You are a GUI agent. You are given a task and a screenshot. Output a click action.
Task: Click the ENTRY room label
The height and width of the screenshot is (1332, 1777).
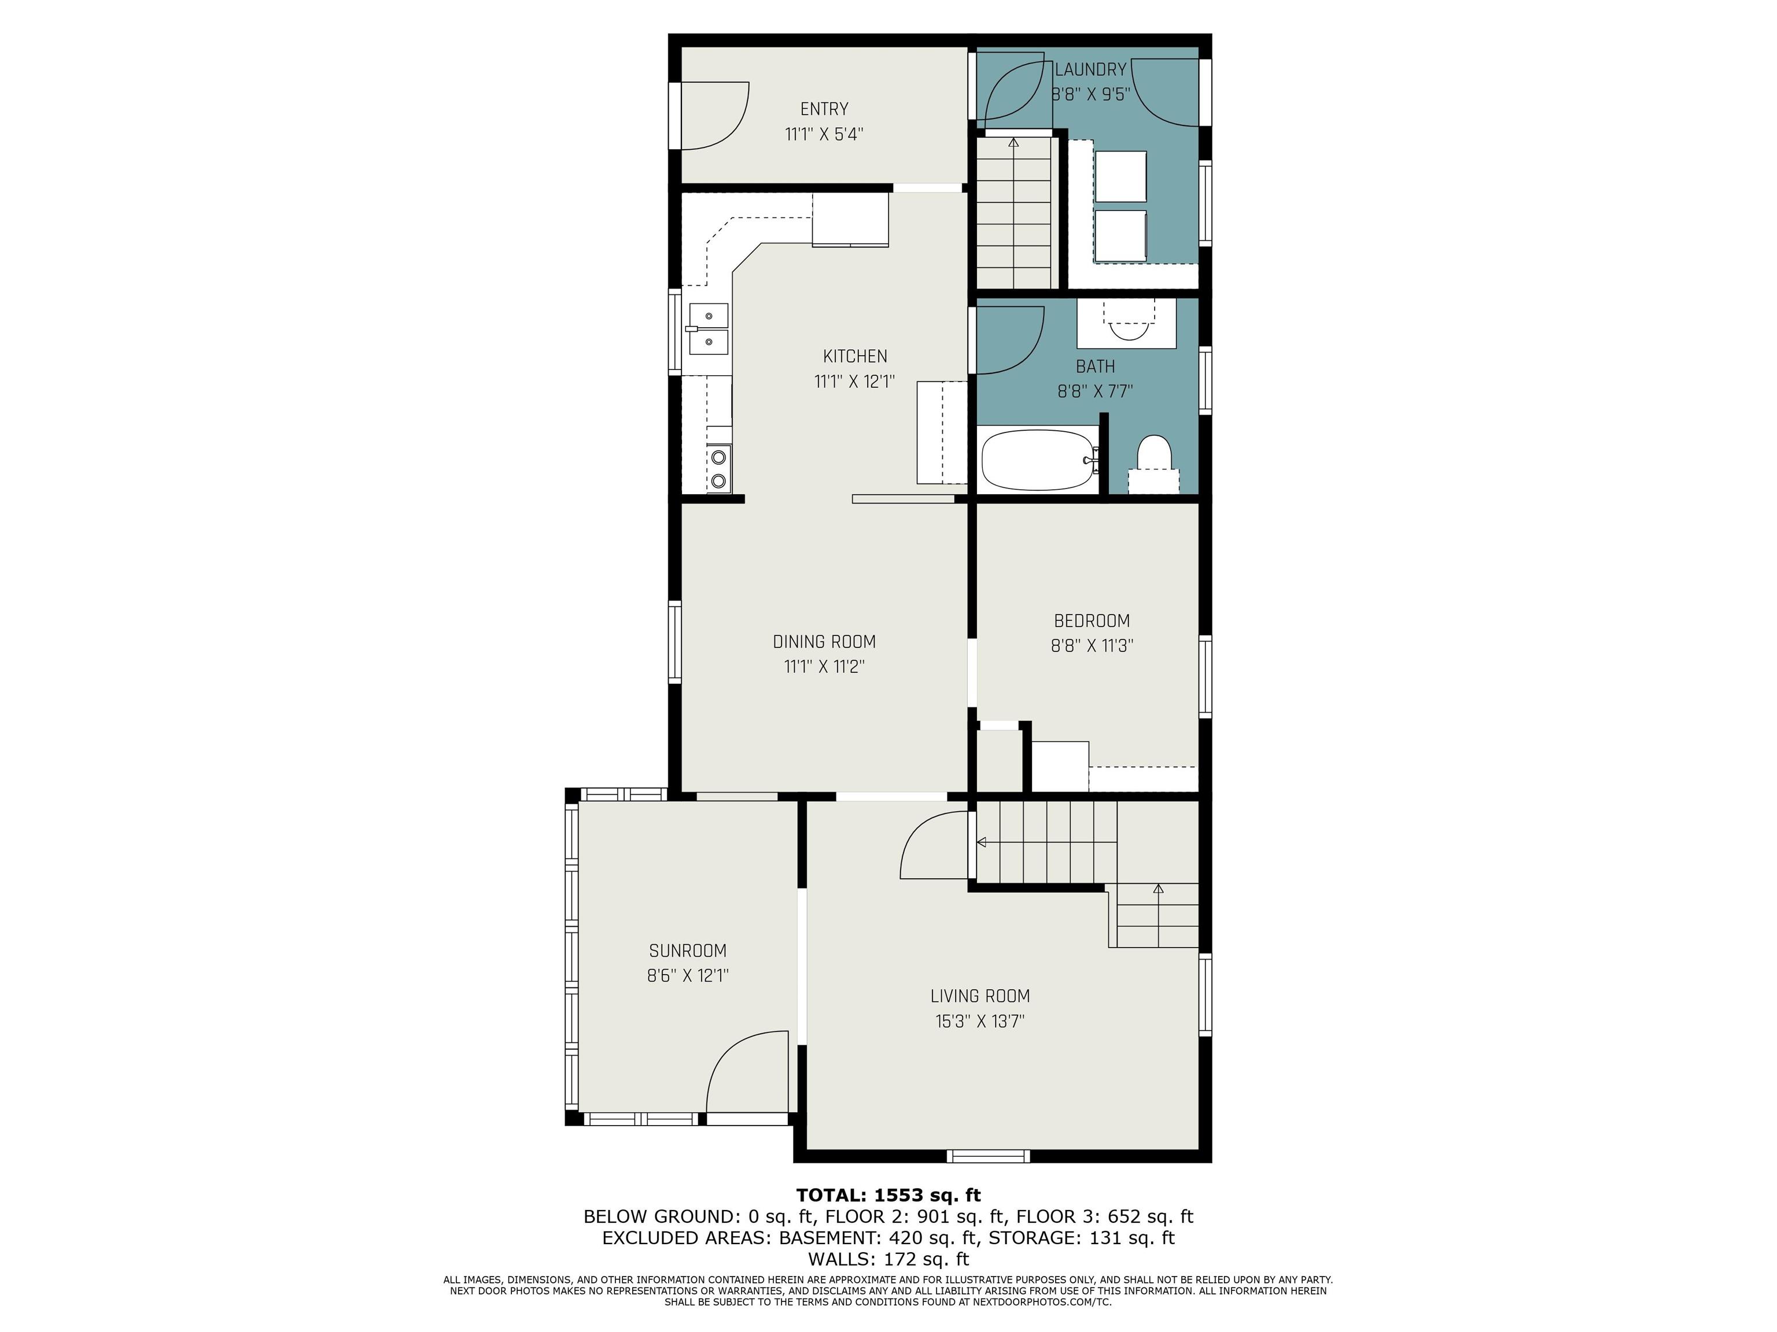pos(824,109)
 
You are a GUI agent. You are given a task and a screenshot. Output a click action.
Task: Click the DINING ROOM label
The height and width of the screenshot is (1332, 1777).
pos(824,642)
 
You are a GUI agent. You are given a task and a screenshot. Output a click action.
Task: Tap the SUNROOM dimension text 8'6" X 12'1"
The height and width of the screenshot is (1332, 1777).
pos(688,975)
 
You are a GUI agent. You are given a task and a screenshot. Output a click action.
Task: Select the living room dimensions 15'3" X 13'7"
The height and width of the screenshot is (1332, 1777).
pos(980,1022)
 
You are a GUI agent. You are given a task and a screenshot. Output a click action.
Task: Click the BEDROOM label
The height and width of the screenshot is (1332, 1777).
pos(1092,621)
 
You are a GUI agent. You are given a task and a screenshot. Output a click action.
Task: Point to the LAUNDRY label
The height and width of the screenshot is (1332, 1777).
pos(1091,70)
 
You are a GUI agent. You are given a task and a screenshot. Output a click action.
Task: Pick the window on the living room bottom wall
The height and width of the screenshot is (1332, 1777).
pos(988,1156)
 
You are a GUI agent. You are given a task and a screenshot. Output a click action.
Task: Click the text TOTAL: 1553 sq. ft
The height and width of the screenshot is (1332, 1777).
pos(888,1196)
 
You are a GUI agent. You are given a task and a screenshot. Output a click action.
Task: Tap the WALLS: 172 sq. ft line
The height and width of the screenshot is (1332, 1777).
pos(888,1259)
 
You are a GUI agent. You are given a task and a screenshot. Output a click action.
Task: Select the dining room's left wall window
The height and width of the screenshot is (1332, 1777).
pos(675,642)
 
